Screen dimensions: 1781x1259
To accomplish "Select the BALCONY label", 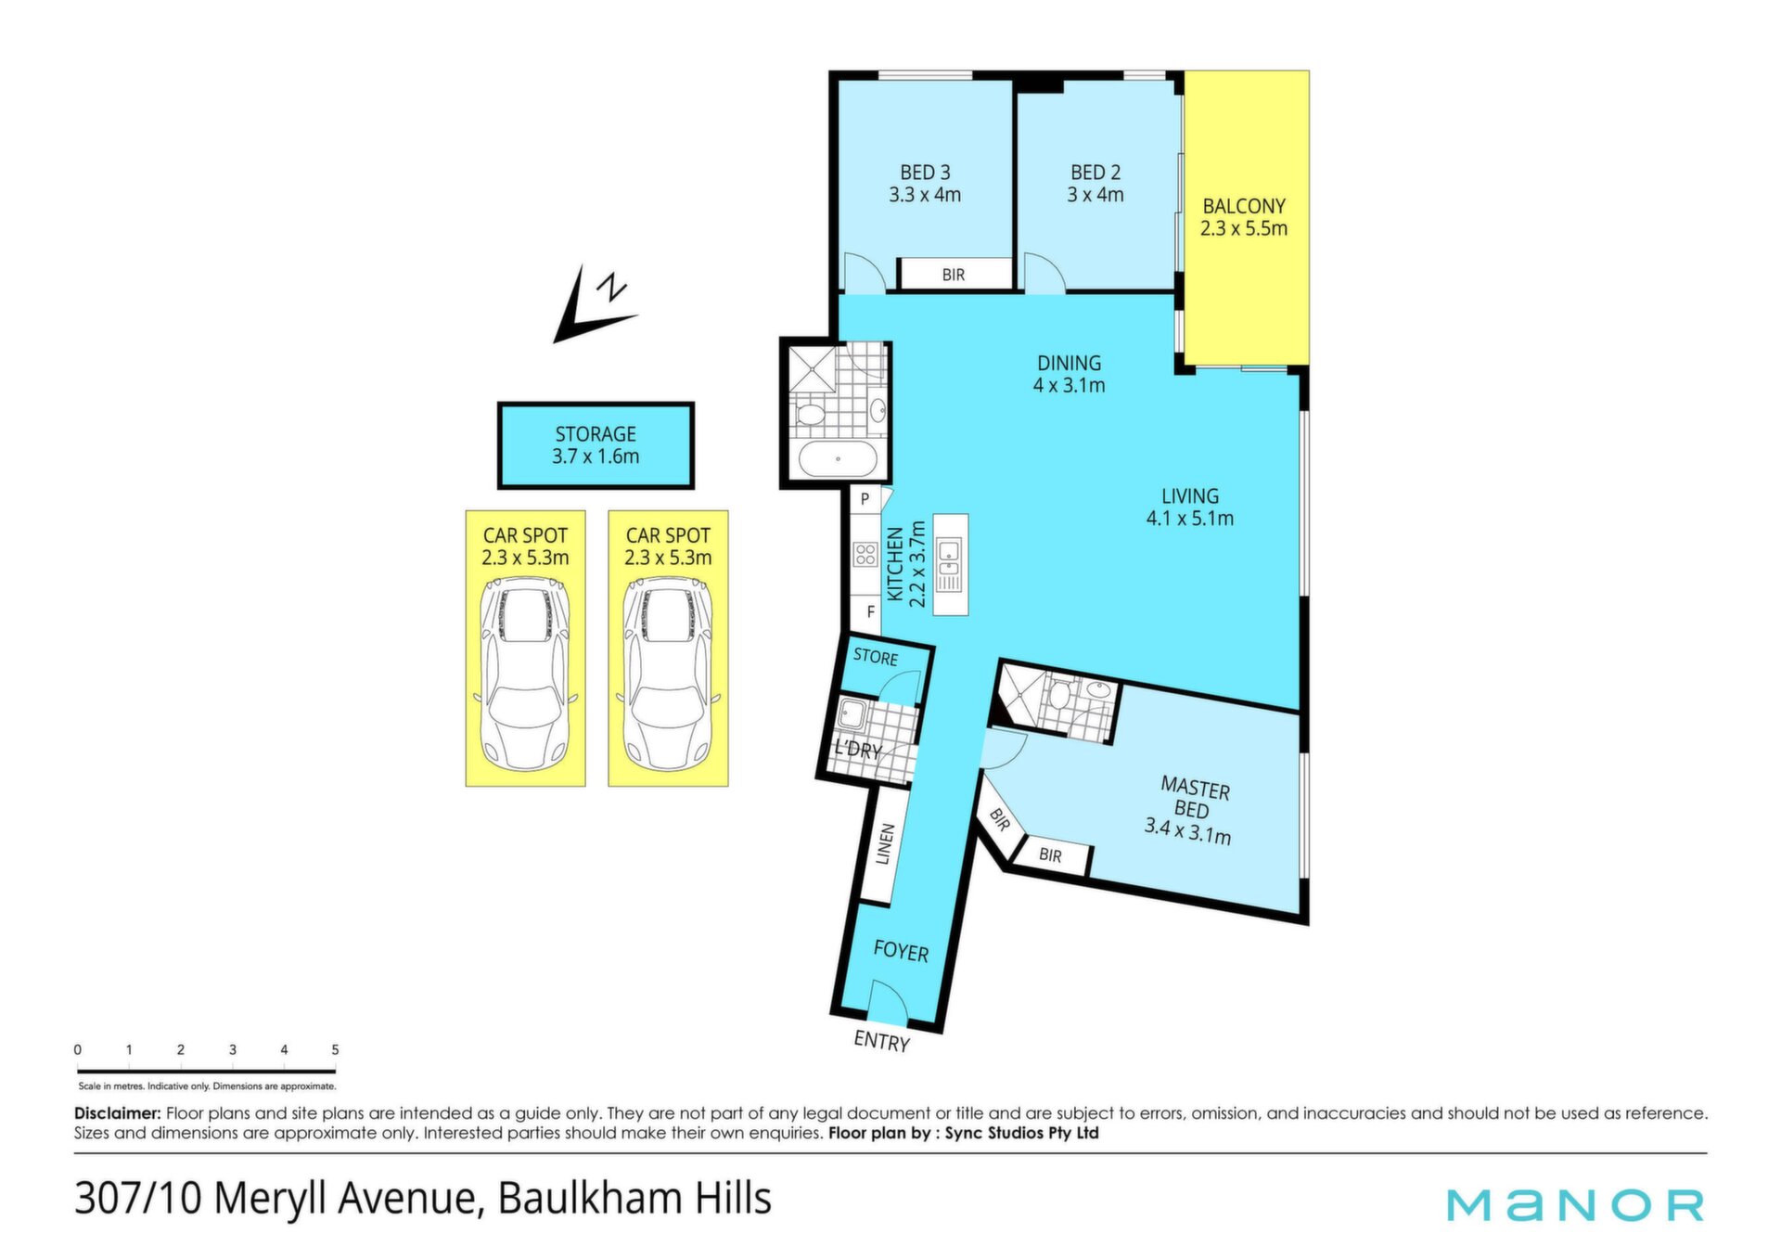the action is (x=1244, y=206).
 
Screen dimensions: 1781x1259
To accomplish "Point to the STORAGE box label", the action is (x=596, y=434).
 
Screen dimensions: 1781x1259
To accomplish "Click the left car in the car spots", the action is (x=525, y=673).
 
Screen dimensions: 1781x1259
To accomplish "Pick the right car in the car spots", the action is (x=668, y=673).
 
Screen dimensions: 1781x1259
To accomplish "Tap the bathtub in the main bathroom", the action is (x=838, y=458).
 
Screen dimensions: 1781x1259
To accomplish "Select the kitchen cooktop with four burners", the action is (x=865, y=555).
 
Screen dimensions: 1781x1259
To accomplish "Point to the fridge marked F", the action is (x=870, y=612).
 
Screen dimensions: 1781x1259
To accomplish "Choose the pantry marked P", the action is (x=865, y=499).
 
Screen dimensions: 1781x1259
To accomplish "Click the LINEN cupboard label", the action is (x=884, y=843).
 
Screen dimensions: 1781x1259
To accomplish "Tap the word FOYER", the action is (x=901, y=952).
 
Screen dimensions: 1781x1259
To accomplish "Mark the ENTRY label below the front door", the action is (x=881, y=1042).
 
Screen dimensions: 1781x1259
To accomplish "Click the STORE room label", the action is (x=876, y=657).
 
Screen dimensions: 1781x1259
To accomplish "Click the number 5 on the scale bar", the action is (x=335, y=1050).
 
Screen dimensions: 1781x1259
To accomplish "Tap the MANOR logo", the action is (x=1575, y=1204).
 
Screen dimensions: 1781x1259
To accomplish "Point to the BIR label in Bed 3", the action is (x=954, y=275).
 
